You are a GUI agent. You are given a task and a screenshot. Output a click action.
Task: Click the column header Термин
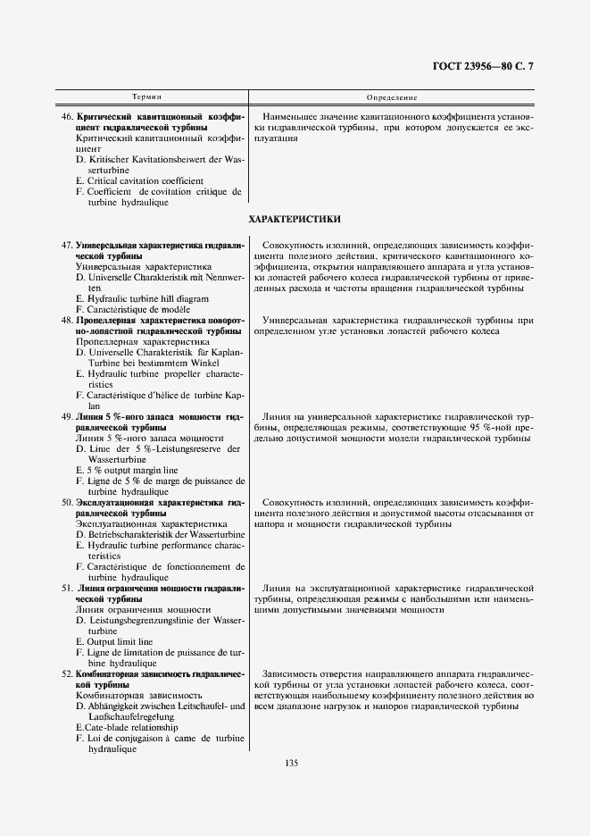[x=147, y=96]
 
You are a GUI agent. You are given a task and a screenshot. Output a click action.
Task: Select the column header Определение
[x=393, y=96]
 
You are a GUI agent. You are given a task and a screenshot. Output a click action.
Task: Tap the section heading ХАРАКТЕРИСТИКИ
[x=295, y=219]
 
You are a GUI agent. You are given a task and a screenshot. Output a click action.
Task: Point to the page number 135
[x=291, y=763]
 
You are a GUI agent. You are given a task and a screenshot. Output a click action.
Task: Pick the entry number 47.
[x=67, y=244]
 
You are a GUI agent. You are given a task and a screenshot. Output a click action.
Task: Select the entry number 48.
[x=67, y=319]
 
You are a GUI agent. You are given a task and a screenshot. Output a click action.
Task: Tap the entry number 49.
[x=67, y=415]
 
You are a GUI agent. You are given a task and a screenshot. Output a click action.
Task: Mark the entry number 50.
[x=67, y=502]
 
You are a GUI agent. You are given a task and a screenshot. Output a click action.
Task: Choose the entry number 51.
[x=67, y=588]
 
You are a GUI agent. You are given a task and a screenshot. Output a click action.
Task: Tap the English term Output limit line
[x=120, y=641]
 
